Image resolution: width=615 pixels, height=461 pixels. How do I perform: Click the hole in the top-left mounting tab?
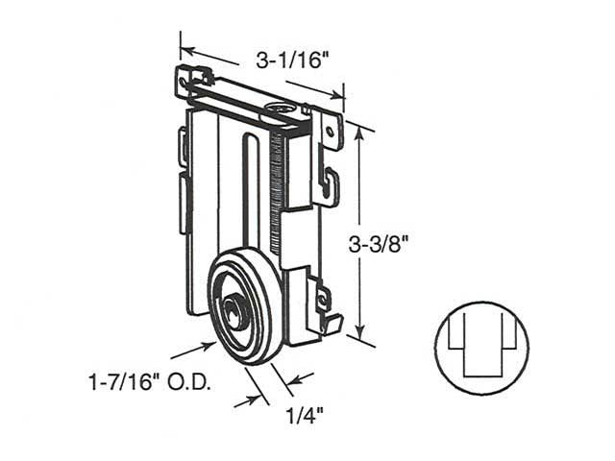tap(183, 84)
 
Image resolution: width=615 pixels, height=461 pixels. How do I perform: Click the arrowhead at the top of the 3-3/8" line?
tap(358, 133)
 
